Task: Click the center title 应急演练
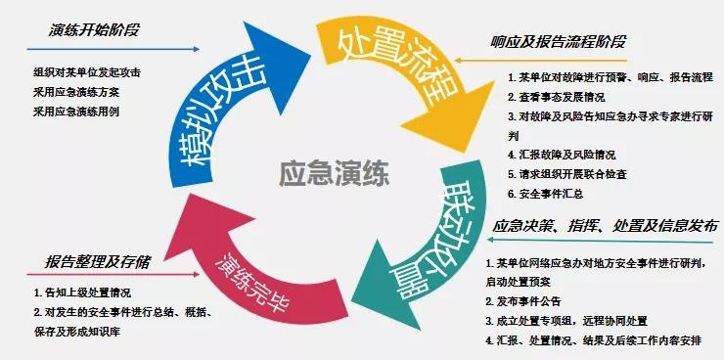coord(335,174)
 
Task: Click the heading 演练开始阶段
coord(94,30)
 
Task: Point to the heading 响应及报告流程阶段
coord(558,42)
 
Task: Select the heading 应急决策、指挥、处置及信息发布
coord(606,226)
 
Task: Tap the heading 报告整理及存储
coord(98,262)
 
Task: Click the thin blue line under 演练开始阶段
coord(113,49)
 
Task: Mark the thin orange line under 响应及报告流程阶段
coord(541,61)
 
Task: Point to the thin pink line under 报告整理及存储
coord(113,274)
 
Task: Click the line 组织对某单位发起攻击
coord(87,72)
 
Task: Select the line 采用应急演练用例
coord(76,112)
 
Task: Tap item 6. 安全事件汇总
coord(545,194)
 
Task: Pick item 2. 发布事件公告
coord(523,302)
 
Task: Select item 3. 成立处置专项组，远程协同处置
coord(566,321)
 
